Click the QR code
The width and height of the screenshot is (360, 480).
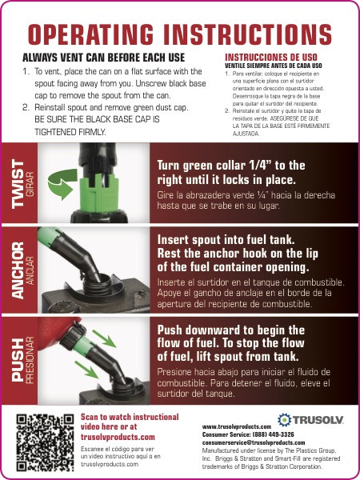click(45, 442)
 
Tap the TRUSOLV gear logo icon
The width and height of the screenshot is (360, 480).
click(284, 420)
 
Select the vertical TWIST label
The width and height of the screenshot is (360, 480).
click(18, 185)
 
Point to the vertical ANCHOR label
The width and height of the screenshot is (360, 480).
click(18, 270)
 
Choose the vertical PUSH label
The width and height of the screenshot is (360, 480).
click(18, 360)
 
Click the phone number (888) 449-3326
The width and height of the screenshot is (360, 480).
click(273, 434)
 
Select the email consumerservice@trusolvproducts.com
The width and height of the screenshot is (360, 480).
click(254, 442)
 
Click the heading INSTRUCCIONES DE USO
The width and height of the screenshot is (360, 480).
click(271, 58)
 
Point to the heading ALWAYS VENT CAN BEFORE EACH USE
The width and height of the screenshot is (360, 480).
click(103, 58)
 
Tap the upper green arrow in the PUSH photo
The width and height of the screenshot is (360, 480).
click(104, 338)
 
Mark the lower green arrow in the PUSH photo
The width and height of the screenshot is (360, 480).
click(86, 370)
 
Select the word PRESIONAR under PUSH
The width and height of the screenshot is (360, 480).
click(30, 360)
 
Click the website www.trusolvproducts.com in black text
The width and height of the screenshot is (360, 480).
click(237, 426)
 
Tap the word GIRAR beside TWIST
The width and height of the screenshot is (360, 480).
click(30, 184)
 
